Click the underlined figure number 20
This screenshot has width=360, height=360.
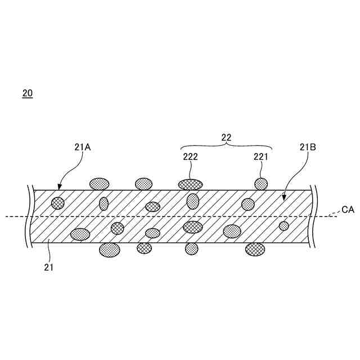click(28, 93)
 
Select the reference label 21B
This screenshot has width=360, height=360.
click(308, 147)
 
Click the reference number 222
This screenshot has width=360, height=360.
click(190, 157)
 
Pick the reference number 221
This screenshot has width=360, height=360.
click(260, 157)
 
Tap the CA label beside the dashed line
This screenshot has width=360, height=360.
click(348, 210)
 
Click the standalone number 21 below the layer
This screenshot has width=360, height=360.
click(48, 268)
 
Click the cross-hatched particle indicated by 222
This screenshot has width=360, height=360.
click(191, 184)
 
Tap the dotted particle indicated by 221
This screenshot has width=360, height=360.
click(262, 183)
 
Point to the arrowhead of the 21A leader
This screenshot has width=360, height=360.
click(60, 189)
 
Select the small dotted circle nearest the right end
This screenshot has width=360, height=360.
click(284, 226)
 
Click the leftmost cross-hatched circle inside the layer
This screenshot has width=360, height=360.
click(57, 203)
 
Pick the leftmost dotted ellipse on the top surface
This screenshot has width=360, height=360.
click(100, 183)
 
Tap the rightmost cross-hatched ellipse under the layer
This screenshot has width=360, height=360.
click(255, 249)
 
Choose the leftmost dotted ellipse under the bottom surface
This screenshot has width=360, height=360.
click(109, 250)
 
